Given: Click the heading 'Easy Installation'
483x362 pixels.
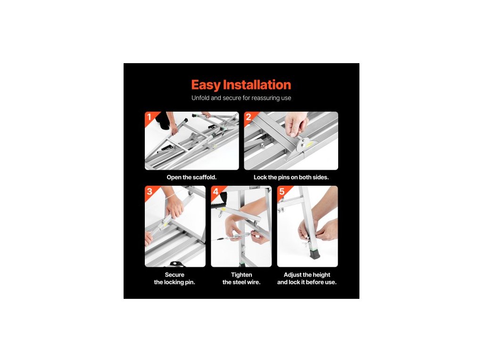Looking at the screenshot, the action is (x=241, y=85).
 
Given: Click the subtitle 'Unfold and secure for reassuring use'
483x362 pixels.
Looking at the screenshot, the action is (x=241, y=98).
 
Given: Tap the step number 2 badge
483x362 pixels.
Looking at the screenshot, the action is (x=249, y=117).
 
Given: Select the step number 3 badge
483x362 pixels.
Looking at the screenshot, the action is (x=150, y=191).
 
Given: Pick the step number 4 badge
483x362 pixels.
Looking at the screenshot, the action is (x=216, y=191).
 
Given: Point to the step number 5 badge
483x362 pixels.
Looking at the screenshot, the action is (x=282, y=191).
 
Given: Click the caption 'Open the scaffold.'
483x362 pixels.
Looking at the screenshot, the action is (x=192, y=177).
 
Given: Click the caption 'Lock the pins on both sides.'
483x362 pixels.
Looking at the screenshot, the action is (x=291, y=177).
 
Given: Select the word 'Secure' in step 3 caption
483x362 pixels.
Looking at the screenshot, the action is (x=175, y=275).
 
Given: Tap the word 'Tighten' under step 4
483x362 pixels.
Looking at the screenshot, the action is (x=241, y=275).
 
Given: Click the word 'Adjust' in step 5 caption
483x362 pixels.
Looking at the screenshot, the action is (x=292, y=275).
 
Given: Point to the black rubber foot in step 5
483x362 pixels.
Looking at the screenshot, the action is (x=314, y=254).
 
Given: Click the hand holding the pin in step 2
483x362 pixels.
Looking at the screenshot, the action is (x=296, y=123).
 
